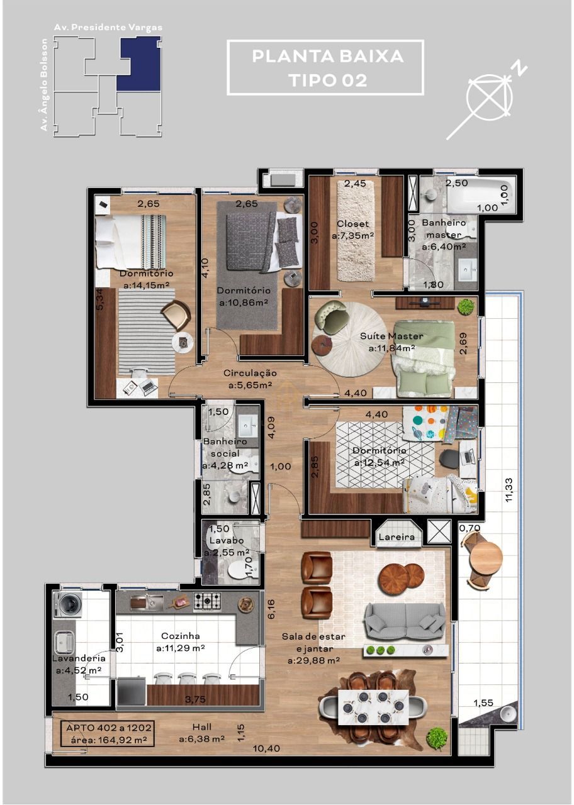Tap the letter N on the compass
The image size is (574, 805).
click(x=519, y=68)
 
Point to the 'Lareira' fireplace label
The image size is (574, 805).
click(x=397, y=537)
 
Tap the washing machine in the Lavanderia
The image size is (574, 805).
click(x=67, y=604)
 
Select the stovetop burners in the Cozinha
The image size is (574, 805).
click(x=206, y=601)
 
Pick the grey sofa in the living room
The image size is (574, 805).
click(x=406, y=621)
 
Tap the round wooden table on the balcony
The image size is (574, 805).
click(x=486, y=556)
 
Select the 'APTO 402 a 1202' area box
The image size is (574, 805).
click(x=107, y=733)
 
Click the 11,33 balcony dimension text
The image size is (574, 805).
click(x=509, y=489)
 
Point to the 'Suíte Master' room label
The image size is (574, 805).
click(x=391, y=336)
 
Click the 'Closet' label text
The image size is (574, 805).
click(x=352, y=224)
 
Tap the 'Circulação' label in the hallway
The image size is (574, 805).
click(x=250, y=373)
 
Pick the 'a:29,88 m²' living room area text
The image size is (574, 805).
click(x=313, y=660)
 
